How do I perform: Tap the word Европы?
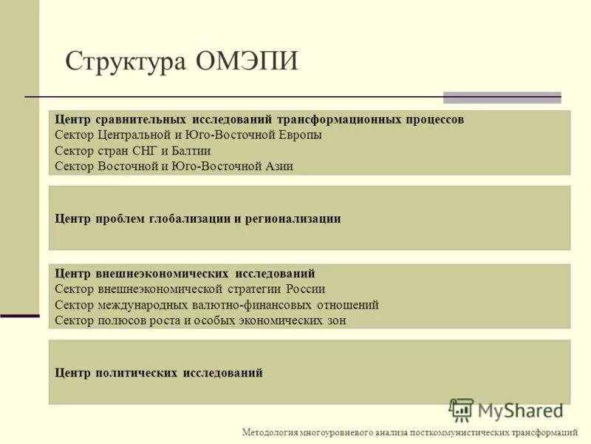click(x=299, y=135)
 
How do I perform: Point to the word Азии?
click(x=278, y=166)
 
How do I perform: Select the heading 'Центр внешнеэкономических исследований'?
click(x=185, y=274)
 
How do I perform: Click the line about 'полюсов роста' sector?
click(x=200, y=320)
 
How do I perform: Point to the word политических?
click(x=137, y=373)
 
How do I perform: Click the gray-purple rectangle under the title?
click(x=502, y=98)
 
